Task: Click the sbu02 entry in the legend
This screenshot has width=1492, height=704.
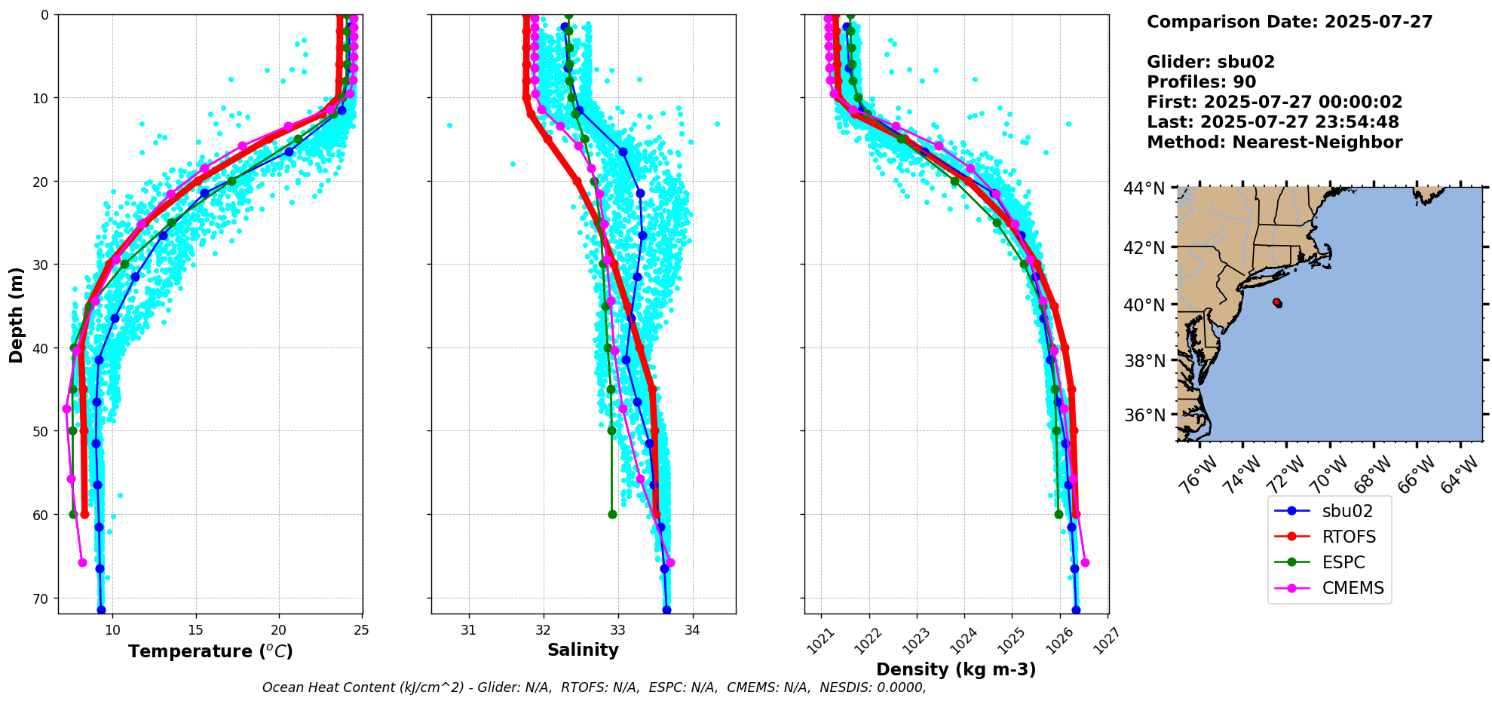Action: pos(1347,511)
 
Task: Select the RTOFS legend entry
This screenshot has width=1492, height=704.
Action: pos(1349,537)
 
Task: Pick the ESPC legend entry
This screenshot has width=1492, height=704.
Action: pos(1343,562)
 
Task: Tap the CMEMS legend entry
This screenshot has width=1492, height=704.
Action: pos(1353,588)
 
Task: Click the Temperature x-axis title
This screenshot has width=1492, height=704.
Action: pos(210,651)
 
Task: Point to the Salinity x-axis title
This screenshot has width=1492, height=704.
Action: pos(583,650)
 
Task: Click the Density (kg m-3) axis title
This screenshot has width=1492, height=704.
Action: pos(956,669)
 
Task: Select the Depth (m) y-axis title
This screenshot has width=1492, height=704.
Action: pos(17,314)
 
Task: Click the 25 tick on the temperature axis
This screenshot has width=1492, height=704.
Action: pos(362,629)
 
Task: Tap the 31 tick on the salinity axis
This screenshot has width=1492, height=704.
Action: pos(468,629)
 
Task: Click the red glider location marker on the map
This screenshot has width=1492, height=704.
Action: pos(1277,303)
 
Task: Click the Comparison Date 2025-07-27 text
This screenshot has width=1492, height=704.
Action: pos(1289,22)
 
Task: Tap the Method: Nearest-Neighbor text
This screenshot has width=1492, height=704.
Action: pos(1274,142)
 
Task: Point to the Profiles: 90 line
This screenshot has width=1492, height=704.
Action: pos(1201,82)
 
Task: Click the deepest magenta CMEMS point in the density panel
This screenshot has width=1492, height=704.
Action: pos(1085,562)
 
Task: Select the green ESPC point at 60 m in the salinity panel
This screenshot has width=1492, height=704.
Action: pos(612,515)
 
